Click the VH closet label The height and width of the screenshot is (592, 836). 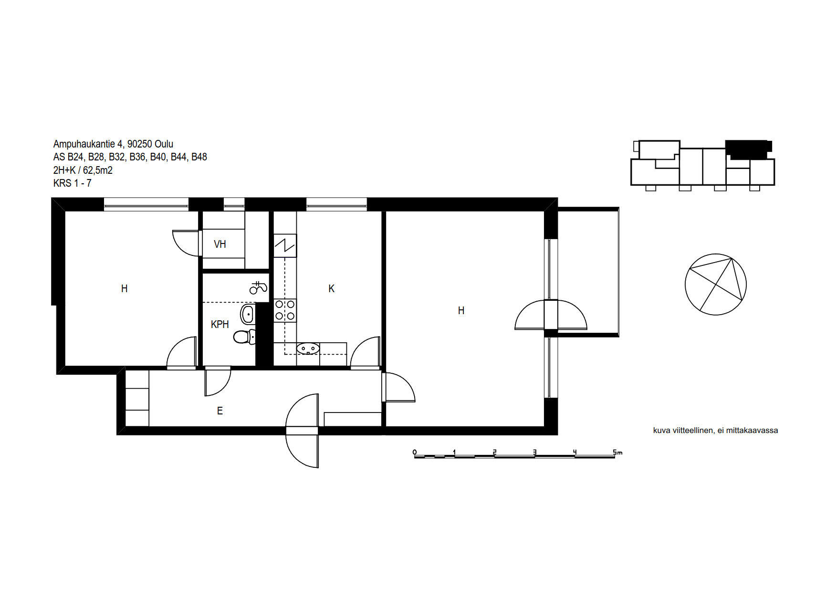(x=219, y=244)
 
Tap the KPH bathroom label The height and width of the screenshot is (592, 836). (x=220, y=325)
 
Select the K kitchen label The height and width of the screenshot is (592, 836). (x=332, y=289)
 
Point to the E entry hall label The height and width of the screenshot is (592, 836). (x=220, y=411)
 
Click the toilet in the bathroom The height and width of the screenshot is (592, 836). (x=245, y=337)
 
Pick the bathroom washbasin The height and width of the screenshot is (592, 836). (x=248, y=315)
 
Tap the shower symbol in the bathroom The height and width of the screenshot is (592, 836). (x=258, y=287)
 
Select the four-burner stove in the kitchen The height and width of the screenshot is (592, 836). (x=285, y=310)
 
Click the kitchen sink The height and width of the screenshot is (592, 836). (x=308, y=349)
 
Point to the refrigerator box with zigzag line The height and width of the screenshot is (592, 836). (x=285, y=246)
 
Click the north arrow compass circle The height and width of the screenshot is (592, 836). (x=716, y=285)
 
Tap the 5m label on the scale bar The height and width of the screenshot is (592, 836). (x=618, y=452)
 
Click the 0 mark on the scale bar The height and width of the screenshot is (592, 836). (x=415, y=452)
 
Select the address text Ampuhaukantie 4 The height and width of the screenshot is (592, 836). (x=88, y=144)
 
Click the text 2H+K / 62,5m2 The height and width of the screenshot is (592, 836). (x=83, y=170)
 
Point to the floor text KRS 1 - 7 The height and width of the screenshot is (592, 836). (x=73, y=183)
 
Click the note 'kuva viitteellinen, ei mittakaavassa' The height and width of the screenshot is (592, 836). (x=716, y=430)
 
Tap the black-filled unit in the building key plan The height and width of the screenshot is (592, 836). (x=748, y=149)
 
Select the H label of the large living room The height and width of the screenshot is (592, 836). (x=461, y=311)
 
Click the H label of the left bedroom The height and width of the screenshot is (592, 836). (x=125, y=289)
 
